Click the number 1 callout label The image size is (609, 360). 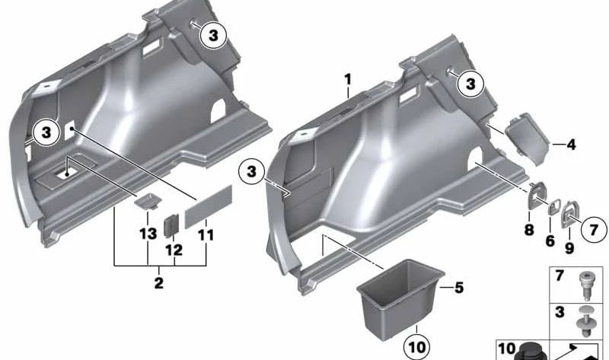coord(347,79)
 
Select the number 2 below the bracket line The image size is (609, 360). coord(158,283)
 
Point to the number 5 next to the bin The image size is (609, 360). coord(458,288)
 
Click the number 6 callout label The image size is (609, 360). coord(549,241)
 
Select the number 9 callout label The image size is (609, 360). coord(569,248)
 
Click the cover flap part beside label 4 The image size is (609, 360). coord(526,138)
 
